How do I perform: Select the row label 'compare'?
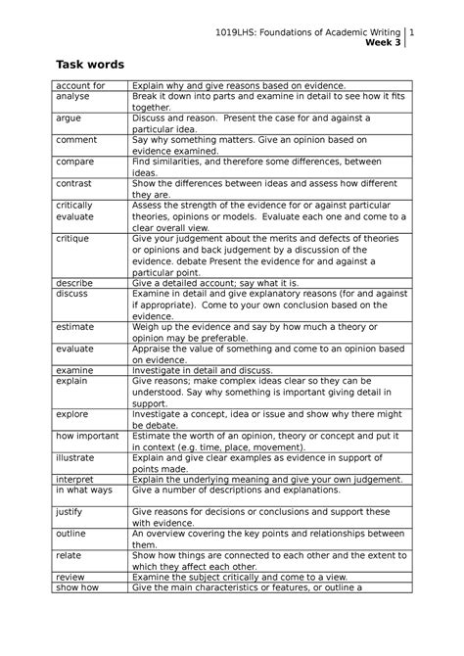tap(75, 162)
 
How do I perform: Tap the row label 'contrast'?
tap(74, 183)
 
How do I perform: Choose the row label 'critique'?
tap(72, 239)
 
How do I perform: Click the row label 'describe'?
tap(74, 282)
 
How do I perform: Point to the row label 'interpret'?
tap(75, 479)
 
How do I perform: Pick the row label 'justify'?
tap(70, 512)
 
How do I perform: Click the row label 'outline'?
tap(71, 535)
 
